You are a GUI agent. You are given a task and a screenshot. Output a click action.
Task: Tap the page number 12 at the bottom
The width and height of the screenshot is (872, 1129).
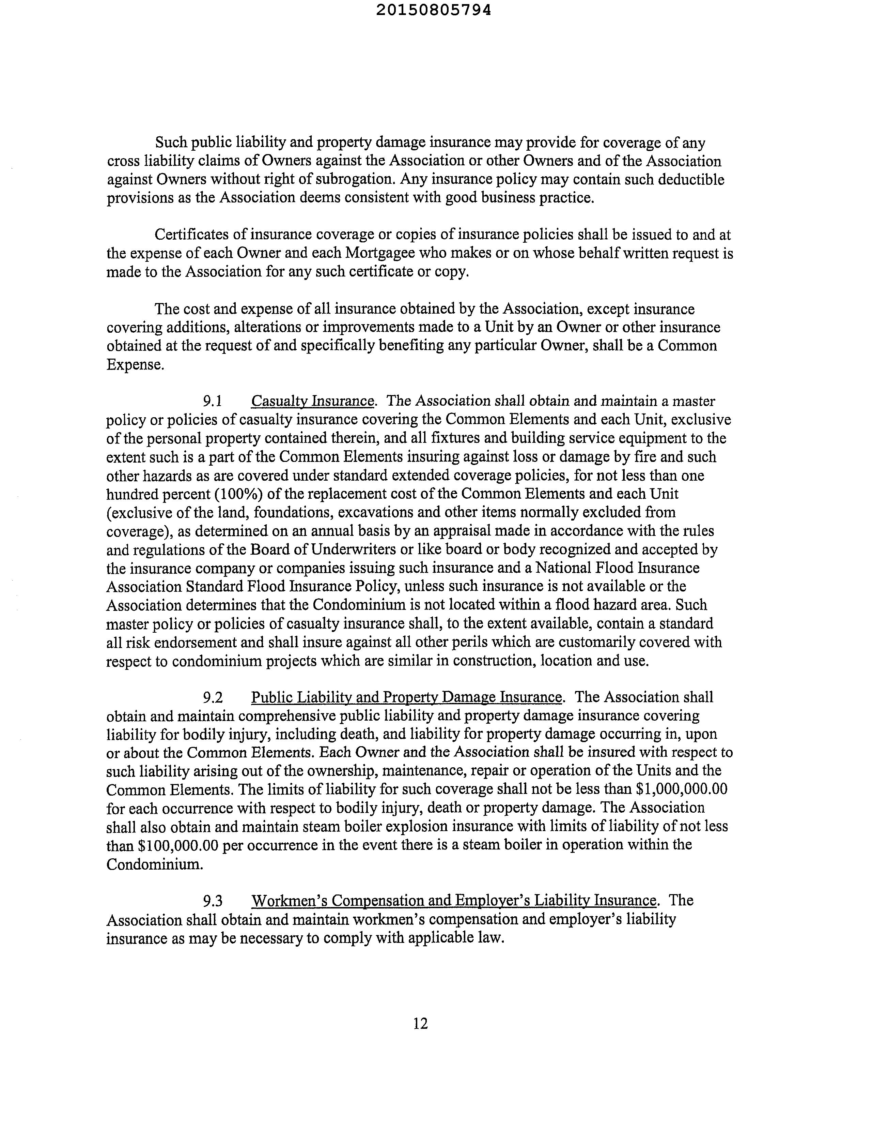click(421, 1024)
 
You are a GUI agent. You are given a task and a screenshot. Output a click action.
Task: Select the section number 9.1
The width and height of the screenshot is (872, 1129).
click(212, 401)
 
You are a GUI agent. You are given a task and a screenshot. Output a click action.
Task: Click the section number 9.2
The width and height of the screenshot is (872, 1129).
click(212, 697)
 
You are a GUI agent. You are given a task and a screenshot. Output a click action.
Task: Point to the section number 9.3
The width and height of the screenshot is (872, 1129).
click(212, 901)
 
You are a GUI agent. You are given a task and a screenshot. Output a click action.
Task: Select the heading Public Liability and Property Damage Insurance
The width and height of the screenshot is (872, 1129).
click(406, 697)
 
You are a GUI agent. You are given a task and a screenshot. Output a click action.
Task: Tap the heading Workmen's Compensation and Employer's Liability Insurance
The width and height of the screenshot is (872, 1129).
click(454, 901)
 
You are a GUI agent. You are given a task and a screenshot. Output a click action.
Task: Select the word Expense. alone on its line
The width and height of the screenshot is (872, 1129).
click(135, 365)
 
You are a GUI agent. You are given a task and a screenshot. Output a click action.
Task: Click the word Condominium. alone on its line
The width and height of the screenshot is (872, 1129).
click(154, 864)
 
